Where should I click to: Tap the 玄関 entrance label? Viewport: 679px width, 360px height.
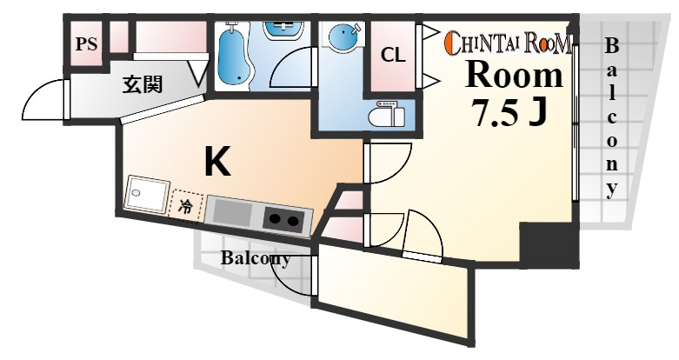click(142, 84)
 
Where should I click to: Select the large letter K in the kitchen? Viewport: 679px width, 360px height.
click(217, 162)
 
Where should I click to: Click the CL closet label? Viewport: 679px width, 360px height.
click(393, 54)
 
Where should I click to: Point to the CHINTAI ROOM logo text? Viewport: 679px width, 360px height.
click(509, 42)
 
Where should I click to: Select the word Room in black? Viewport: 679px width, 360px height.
click(515, 77)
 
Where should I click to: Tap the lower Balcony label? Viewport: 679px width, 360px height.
click(255, 258)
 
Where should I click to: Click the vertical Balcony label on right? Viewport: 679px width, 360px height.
click(612, 117)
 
